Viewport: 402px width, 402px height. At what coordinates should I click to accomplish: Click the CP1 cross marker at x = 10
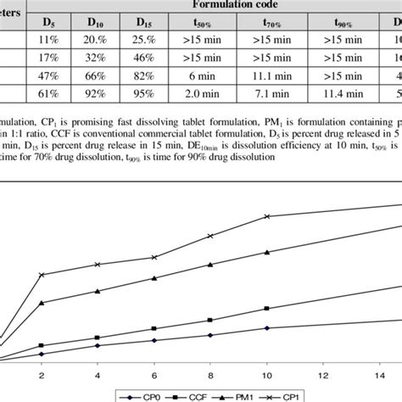[267, 216]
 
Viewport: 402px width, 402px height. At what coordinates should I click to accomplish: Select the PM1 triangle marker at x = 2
[42, 304]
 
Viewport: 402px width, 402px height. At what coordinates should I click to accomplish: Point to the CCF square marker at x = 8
[210, 321]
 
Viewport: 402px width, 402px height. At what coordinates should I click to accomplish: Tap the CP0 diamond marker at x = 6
[154, 341]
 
